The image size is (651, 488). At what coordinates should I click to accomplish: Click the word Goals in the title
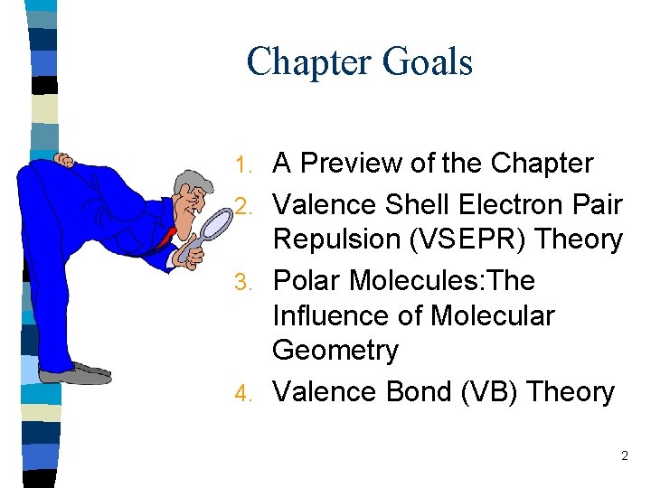point(428,62)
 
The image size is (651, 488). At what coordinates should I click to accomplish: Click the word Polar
point(307,281)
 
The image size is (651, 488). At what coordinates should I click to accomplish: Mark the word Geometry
point(335,350)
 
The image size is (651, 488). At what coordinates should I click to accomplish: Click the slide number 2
point(624,456)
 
